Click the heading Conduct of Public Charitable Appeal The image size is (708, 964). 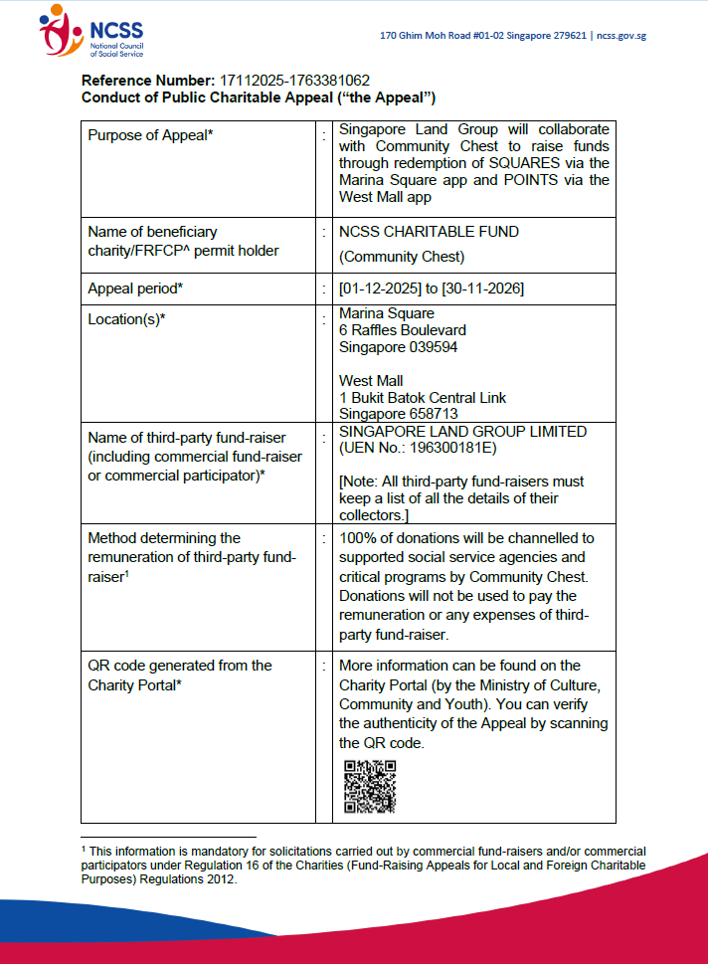click(259, 97)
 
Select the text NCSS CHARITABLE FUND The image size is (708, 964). click(429, 232)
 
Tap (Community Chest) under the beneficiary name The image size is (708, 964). click(402, 256)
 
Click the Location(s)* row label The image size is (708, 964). click(126, 318)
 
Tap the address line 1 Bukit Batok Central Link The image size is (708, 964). click(423, 398)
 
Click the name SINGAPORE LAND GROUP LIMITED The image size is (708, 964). click(462, 432)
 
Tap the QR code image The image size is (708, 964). click(370, 787)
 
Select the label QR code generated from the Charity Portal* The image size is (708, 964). click(179, 675)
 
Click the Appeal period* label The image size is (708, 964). click(138, 289)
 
